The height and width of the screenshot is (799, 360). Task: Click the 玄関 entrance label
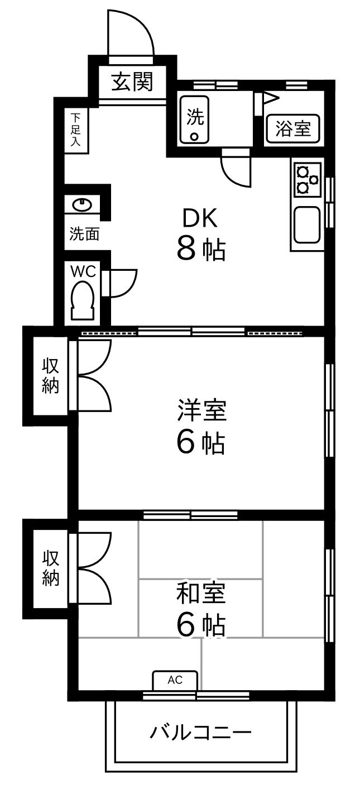pyautogui.click(x=132, y=82)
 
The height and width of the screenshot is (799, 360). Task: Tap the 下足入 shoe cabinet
pyautogui.click(x=76, y=130)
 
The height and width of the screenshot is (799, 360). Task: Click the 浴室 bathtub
pyautogui.click(x=293, y=129)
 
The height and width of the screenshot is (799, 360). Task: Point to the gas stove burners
pyautogui.click(x=307, y=179)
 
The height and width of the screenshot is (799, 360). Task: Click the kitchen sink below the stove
pyautogui.click(x=307, y=225)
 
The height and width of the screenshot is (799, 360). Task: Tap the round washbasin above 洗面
pyautogui.click(x=83, y=205)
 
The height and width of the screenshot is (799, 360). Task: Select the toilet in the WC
pyautogui.click(x=83, y=300)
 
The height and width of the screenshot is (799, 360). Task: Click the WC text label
pyautogui.click(x=83, y=271)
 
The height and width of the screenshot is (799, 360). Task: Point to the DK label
pyautogui.click(x=200, y=219)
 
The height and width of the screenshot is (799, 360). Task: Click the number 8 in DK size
pyautogui.click(x=186, y=248)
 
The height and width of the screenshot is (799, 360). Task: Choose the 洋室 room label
pyautogui.click(x=201, y=410)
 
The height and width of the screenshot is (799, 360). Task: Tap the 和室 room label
pyautogui.click(x=201, y=593)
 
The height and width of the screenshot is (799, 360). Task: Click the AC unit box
pyautogui.click(x=175, y=680)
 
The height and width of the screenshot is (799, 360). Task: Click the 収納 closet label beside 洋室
pyautogui.click(x=51, y=376)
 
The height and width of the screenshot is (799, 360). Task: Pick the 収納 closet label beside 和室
pyautogui.click(x=51, y=568)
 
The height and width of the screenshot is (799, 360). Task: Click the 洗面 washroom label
pyautogui.click(x=84, y=233)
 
